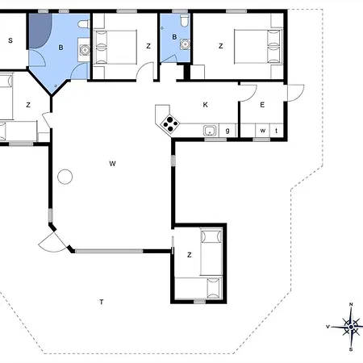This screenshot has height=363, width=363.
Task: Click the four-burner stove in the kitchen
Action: tap(170, 124)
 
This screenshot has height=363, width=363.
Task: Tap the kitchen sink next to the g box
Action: tap(210, 131)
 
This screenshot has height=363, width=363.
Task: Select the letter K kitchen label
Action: tap(205, 105)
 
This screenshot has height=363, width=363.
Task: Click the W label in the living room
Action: tap(113, 164)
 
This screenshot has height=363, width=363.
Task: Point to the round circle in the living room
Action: tap(65, 177)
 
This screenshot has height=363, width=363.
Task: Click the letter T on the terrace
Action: tap(102, 302)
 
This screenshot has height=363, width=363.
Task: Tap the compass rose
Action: tap(351, 327)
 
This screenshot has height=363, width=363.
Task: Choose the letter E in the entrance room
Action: tap(262, 105)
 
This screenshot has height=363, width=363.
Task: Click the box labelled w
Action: tap(263, 131)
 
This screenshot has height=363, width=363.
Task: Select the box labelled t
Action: tap(277, 131)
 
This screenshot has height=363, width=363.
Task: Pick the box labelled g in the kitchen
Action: tap(227, 131)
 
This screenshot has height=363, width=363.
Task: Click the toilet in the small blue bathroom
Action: tap(185, 20)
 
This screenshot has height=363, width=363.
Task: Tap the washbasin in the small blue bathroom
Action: tap(185, 44)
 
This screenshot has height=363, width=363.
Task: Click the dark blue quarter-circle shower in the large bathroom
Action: tap(40, 31)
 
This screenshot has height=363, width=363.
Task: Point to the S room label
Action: tap(10, 40)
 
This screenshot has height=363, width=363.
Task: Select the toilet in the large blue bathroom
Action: tap(84, 24)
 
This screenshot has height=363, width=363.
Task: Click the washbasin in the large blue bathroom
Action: tap(85, 50)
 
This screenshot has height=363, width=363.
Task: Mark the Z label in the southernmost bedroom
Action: tap(190, 255)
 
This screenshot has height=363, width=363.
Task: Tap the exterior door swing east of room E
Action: tap(296, 93)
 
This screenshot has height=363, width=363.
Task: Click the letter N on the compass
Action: tap(351, 304)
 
